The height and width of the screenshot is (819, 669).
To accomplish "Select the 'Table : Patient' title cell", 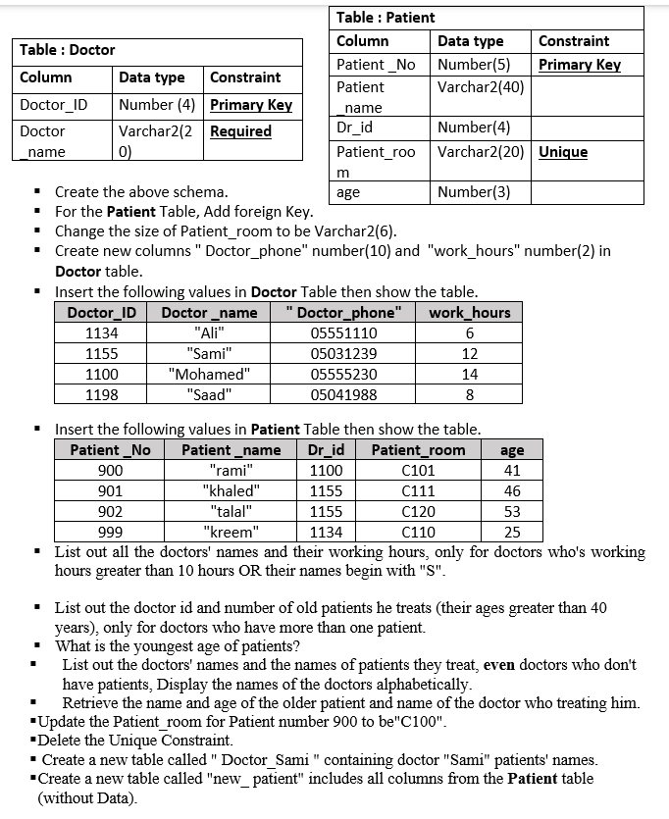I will (386, 17).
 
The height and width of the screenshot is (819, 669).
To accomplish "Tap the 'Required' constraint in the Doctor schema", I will (240, 131).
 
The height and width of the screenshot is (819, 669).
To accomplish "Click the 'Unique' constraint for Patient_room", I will (563, 152).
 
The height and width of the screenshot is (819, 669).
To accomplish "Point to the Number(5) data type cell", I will (474, 65).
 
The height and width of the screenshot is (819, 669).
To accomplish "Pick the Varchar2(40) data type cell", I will (481, 86).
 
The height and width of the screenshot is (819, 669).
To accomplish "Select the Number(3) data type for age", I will (474, 192).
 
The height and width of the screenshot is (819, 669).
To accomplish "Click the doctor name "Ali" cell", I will (209, 333).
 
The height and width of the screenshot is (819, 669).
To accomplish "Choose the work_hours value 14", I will (470, 375).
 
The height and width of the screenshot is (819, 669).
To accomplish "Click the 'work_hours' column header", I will (470, 313).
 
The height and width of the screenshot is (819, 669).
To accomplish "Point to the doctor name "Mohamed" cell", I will (209, 375).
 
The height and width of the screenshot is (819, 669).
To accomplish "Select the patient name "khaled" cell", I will (232, 491).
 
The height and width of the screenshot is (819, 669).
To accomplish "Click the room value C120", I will (419, 512).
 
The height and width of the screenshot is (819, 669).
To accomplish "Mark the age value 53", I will (512, 512).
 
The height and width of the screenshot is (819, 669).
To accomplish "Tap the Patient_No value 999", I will (111, 533).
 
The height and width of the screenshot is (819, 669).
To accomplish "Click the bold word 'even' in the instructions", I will (497, 665).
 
